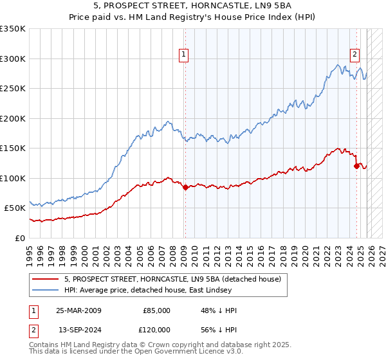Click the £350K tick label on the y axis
(13, 29)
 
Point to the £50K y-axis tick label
(15, 208)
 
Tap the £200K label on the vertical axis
(13, 118)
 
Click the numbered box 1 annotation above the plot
(184, 55)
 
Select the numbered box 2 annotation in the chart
(354, 55)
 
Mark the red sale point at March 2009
(185, 188)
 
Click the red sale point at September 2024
(356, 166)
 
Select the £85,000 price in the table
(156, 310)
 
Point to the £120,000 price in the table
(154, 330)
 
